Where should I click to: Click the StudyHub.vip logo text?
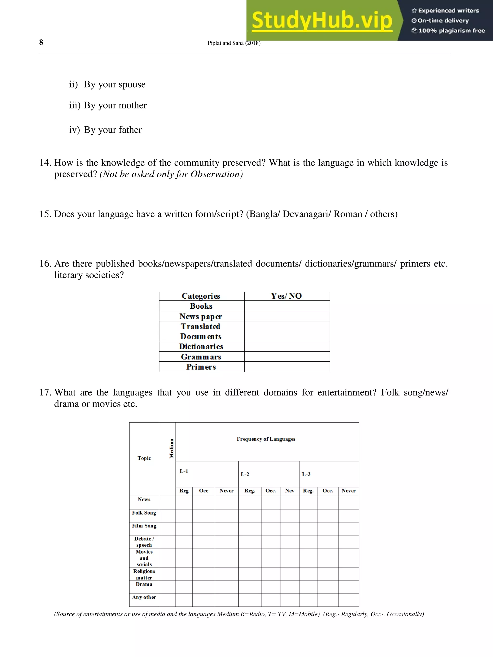point(322,20)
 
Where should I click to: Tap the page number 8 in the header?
point(41,43)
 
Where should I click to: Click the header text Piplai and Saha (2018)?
point(234,43)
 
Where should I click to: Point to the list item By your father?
point(113,130)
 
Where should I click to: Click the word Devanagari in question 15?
point(306,214)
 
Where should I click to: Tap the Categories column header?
point(201,296)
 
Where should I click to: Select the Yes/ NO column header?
point(286,296)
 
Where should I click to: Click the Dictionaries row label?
point(201,346)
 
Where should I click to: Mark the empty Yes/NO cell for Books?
point(287,306)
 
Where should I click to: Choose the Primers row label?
point(201,367)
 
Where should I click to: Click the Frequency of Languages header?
point(266,439)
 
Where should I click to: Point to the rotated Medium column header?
point(171,448)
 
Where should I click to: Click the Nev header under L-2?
point(289,491)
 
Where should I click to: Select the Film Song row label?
point(144,526)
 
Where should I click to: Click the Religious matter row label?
point(144,574)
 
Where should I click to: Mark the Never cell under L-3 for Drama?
point(348,587)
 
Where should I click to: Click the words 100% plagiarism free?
point(451,31)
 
